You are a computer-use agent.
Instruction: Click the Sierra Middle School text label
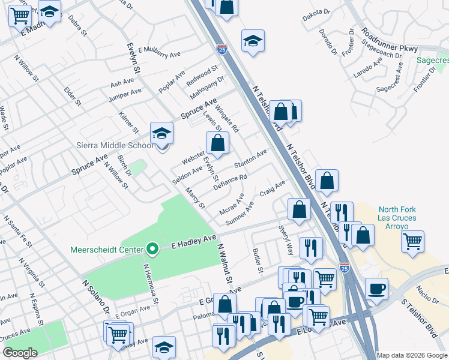coord(115,145)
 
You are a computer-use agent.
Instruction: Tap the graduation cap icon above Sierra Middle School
coord(161,134)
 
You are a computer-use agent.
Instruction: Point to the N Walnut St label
coord(224,263)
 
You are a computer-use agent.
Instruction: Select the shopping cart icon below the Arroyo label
coord(412,241)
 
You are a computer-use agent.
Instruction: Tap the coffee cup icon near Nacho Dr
coord(376,289)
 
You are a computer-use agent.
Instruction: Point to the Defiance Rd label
coord(231,182)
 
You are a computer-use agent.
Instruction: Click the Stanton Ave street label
coord(250,160)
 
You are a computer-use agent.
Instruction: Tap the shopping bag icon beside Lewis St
coord(217,143)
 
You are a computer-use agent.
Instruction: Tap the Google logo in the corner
coord(20,352)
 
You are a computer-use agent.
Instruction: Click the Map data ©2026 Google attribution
coord(412,355)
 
